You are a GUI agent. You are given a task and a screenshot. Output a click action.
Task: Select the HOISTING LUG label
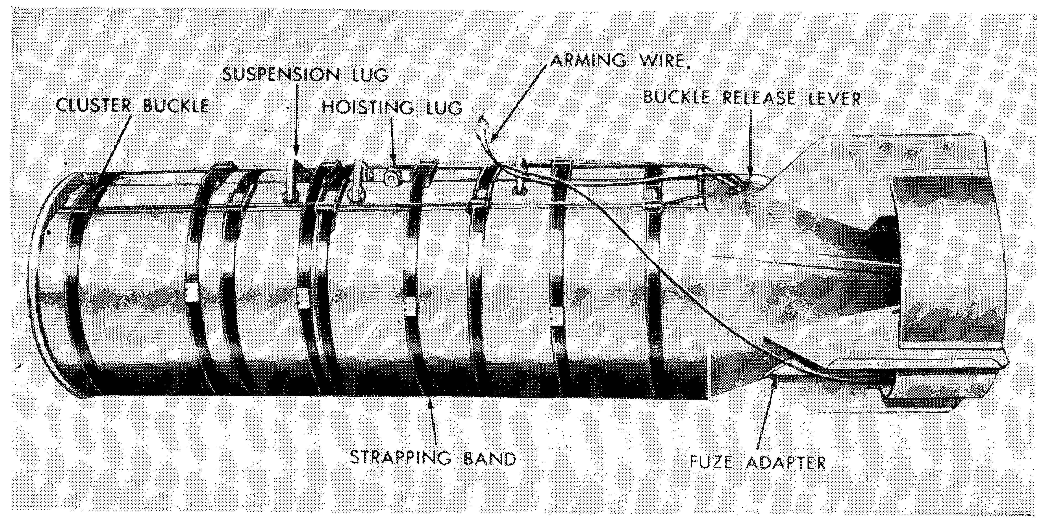[392, 107]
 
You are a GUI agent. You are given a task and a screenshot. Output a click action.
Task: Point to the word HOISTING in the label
[364, 107]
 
